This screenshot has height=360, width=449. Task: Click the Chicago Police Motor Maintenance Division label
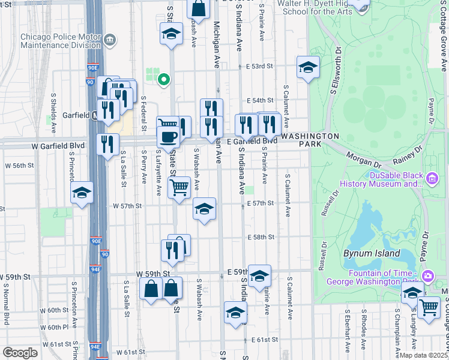click(60, 40)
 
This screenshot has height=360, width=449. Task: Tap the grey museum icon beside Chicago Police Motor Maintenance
click(109, 41)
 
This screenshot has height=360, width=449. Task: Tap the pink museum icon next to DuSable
click(432, 178)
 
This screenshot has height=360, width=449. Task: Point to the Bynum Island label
click(372, 253)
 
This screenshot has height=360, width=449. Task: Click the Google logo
click(20, 353)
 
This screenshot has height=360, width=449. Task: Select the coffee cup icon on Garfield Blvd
click(168, 137)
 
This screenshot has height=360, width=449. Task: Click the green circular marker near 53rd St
click(163, 79)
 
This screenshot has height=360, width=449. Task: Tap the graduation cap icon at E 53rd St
click(308, 67)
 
